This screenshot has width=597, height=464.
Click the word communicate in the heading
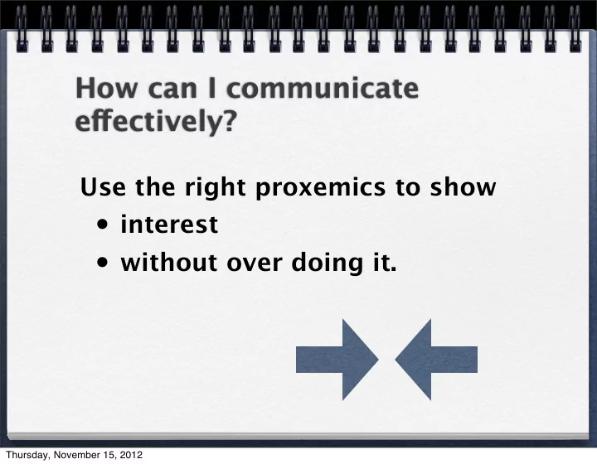coord(323,88)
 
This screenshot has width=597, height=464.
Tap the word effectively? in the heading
coord(156,121)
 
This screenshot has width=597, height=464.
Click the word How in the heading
coord(107,88)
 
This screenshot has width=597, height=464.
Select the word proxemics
coord(321,187)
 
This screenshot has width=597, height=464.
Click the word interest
coord(169,224)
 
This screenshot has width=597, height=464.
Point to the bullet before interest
coord(103,225)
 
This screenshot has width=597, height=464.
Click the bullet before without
coord(103,263)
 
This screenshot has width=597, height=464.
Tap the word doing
coord(327,263)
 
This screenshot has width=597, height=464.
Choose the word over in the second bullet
coord(254,263)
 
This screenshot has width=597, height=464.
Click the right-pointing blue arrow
coord(337,360)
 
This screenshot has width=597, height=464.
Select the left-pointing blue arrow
coord(436,360)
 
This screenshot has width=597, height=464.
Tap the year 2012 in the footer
coord(131,455)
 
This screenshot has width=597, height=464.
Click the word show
coord(463,186)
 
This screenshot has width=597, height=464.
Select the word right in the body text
coord(215,187)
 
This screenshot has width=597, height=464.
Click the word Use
coord(103,186)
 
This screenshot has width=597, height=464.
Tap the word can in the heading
coord(172,90)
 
